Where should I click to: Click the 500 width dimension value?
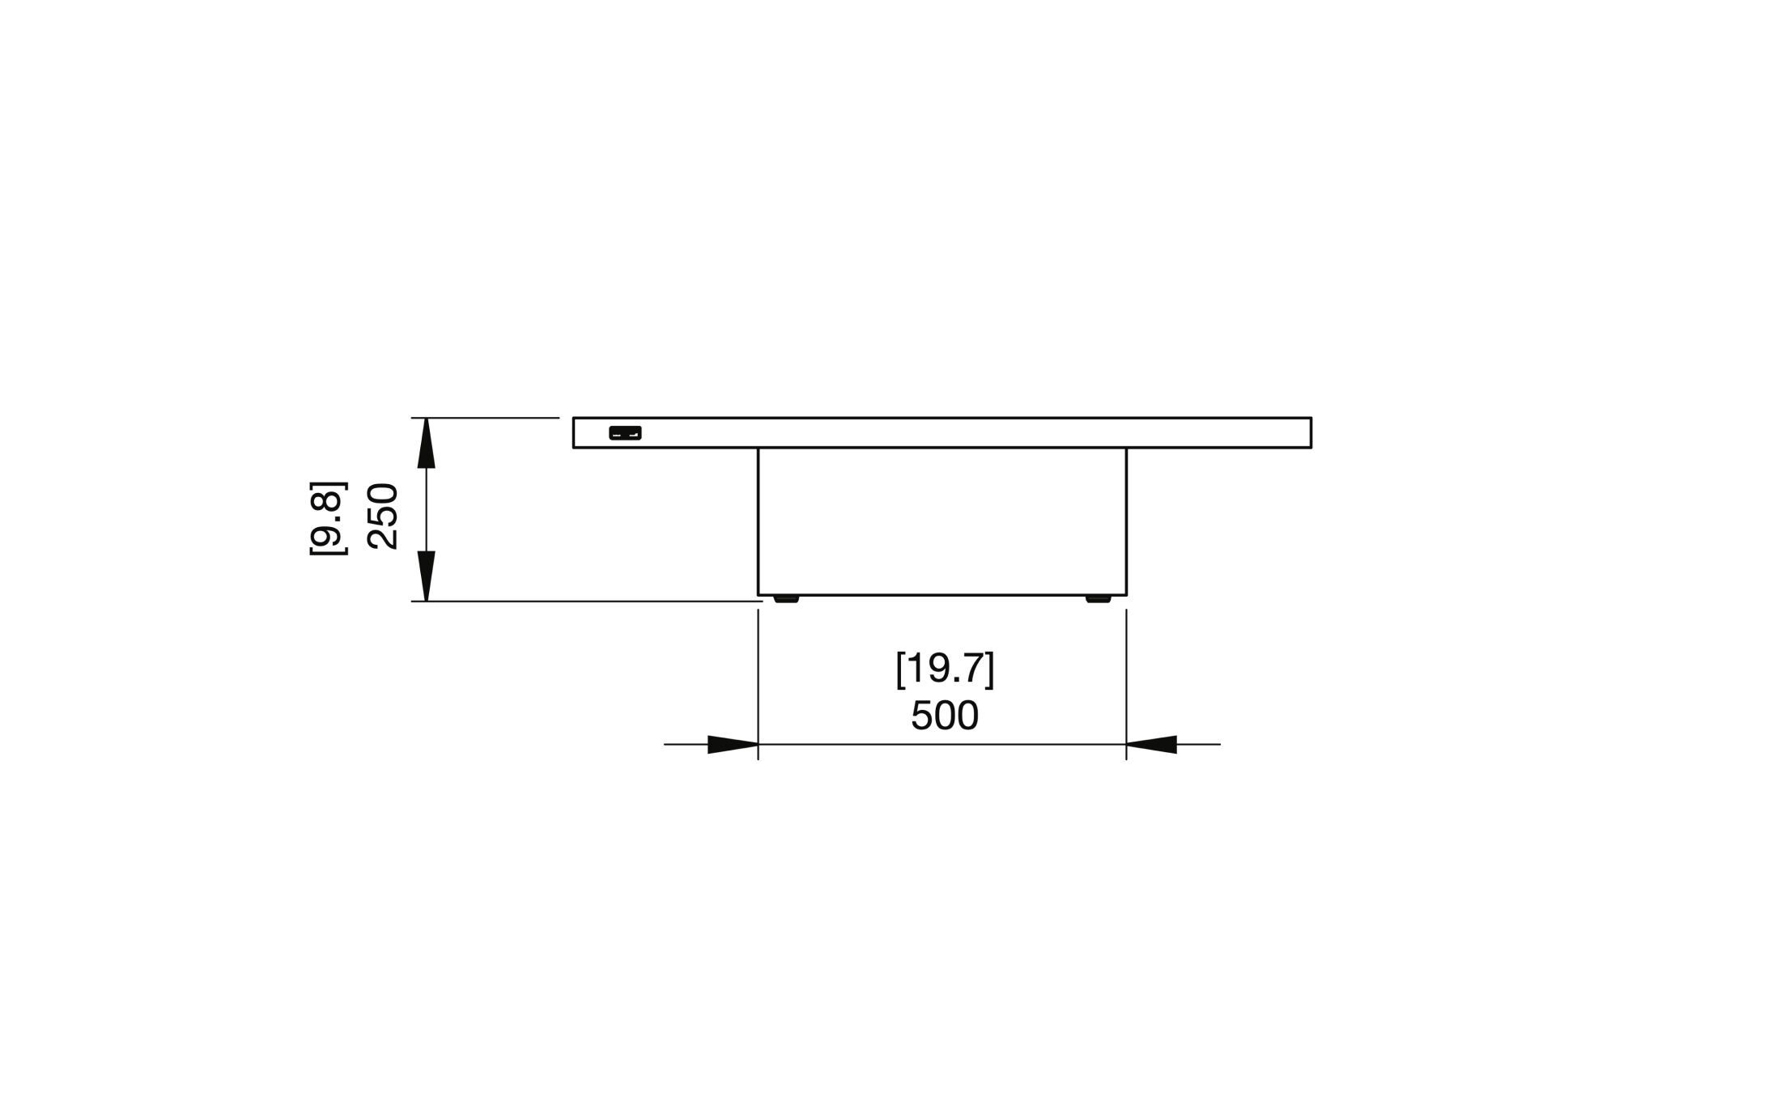tap(945, 716)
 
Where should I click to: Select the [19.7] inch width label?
tap(945, 670)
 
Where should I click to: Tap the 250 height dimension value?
tap(383, 516)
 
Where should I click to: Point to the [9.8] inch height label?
tap(328, 518)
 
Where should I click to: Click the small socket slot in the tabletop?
tap(625, 433)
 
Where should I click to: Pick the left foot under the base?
tap(785, 599)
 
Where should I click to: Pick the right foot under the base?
tap(1098, 599)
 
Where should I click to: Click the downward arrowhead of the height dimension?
tap(426, 576)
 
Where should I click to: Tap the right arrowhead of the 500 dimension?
tap(1151, 744)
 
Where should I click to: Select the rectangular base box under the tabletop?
tap(942, 521)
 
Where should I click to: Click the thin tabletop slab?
tap(942, 432)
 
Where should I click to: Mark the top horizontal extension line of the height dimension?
tap(486, 418)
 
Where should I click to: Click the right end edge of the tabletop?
tap(1311, 432)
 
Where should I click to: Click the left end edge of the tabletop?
tap(573, 432)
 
